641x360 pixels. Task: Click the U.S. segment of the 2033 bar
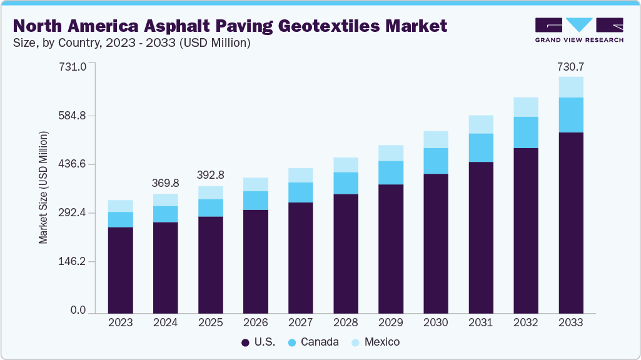point(571,222)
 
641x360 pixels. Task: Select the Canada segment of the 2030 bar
point(436,161)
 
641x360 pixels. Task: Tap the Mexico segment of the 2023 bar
point(120,206)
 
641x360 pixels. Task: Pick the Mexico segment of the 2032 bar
point(526,107)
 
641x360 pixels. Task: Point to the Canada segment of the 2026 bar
point(255,200)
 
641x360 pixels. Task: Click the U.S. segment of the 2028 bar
point(346,253)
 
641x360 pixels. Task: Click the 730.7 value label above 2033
point(571,66)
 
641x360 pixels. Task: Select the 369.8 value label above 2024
point(165,183)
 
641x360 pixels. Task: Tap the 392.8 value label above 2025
point(210,175)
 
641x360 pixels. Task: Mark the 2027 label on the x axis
point(300,323)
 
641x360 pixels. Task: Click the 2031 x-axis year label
point(481,323)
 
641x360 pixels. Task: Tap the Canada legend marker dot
point(292,342)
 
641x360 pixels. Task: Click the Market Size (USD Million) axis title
point(43,187)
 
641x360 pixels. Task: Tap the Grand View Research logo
point(579,30)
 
